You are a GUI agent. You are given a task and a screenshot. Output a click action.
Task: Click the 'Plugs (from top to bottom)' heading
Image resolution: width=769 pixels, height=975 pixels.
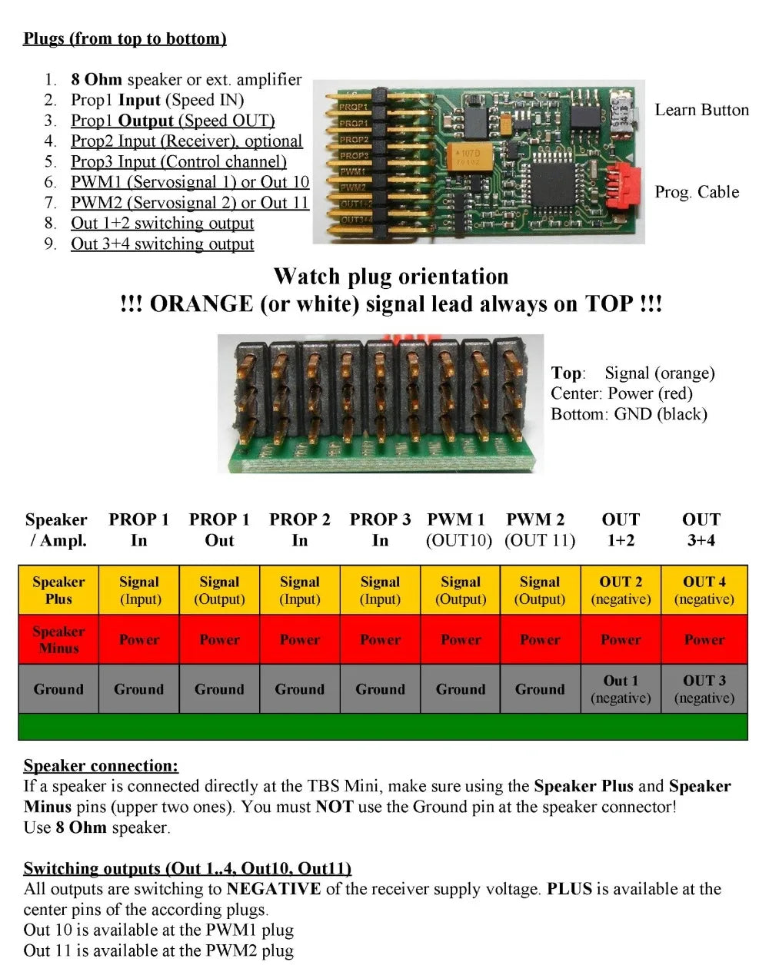(125, 38)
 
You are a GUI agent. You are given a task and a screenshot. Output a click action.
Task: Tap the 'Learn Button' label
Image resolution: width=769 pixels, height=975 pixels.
(701, 110)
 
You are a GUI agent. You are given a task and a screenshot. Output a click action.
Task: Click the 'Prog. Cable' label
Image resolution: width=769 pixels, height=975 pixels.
(696, 192)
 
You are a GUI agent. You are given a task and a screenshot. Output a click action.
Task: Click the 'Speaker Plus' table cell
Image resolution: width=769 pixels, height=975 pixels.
(58, 590)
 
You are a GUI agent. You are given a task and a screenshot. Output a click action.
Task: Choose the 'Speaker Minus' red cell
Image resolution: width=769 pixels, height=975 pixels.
(58, 639)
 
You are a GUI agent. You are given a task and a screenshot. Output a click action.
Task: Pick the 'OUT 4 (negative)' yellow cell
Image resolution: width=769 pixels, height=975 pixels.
(704, 590)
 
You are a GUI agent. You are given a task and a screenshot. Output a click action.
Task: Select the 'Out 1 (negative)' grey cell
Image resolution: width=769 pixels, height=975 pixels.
(621, 689)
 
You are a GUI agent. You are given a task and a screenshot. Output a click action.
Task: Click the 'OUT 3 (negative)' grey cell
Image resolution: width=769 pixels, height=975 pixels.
(704, 689)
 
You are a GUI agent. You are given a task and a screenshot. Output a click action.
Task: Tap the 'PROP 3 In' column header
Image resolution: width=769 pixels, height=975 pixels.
(380, 529)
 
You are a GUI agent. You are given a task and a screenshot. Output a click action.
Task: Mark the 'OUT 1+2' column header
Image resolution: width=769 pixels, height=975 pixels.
(621, 529)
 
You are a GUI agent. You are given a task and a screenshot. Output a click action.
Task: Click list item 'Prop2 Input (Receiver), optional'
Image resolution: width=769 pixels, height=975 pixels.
(187, 141)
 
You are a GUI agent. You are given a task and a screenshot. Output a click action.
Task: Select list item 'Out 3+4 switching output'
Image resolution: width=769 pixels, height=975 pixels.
(162, 244)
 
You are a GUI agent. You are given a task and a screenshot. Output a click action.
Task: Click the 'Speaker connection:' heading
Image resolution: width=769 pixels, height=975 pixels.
(101, 765)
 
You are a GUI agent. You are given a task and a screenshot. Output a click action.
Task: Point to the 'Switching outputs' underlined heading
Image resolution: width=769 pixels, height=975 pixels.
(187, 868)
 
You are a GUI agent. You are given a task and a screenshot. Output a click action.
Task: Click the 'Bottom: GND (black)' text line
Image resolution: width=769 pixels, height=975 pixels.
(628, 414)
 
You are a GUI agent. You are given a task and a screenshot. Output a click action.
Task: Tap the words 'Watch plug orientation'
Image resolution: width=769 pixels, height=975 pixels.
(391, 277)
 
